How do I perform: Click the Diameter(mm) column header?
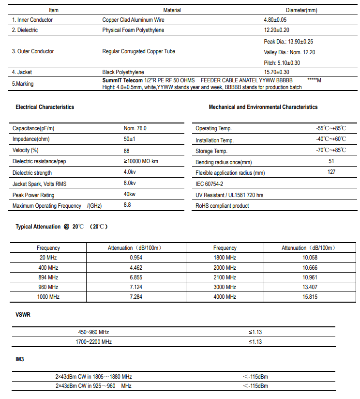click(301, 10)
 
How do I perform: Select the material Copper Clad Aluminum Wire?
click(134, 20)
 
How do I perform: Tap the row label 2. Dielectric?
click(25, 30)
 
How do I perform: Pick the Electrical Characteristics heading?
click(45, 107)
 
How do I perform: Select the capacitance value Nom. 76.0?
click(135, 128)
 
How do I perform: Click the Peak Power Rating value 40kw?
click(130, 195)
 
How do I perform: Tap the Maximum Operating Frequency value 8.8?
click(127, 205)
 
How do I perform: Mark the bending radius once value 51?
click(331, 161)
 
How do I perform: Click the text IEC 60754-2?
click(210, 184)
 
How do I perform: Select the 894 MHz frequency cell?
click(48, 277)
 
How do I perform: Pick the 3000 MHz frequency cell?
click(225, 287)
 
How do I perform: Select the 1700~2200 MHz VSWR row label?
click(94, 342)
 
